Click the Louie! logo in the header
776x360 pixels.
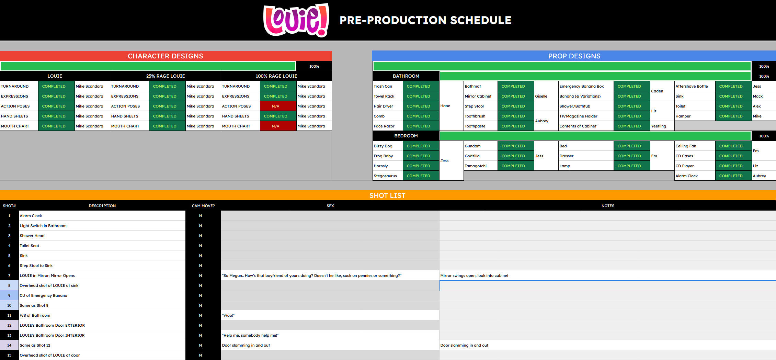pyautogui.click(x=296, y=20)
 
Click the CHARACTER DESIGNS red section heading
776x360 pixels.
pyautogui.click(x=166, y=56)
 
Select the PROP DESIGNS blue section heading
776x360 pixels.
pyautogui.click(x=574, y=56)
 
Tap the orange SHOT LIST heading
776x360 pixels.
pyautogui.click(x=387, y=195)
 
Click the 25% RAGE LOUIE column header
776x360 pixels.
pyautogui.click(x=166, y=76)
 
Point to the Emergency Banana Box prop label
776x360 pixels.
pyautogui.click(x=582, y=86)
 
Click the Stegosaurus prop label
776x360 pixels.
pyautogui.click(x=385, y=176)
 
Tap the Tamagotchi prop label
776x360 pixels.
pyautogui.click(x=476, y=166)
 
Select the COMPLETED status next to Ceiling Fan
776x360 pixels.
pyautogui.click(x=731, y=146)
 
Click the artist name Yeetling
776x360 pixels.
pyautogui.click(x=659, y=126)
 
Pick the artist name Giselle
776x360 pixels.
pyautogui.click(x=541, y=96)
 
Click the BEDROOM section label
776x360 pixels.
pyautogui.click(x=406, y=136)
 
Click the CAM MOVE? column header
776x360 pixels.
pyautogui.click(x=203, y=206)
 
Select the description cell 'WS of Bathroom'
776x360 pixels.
pyautogui.click(x=35, y=315)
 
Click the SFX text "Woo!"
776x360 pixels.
pyautogui.click(x=228, y=315)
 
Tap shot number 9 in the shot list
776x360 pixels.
pyautogui.click(x=9, y=295)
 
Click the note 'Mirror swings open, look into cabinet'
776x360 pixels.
pyautogui.click(x=474, y=275)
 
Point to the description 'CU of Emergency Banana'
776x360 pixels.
pyautogui.click(x=44, y=295)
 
